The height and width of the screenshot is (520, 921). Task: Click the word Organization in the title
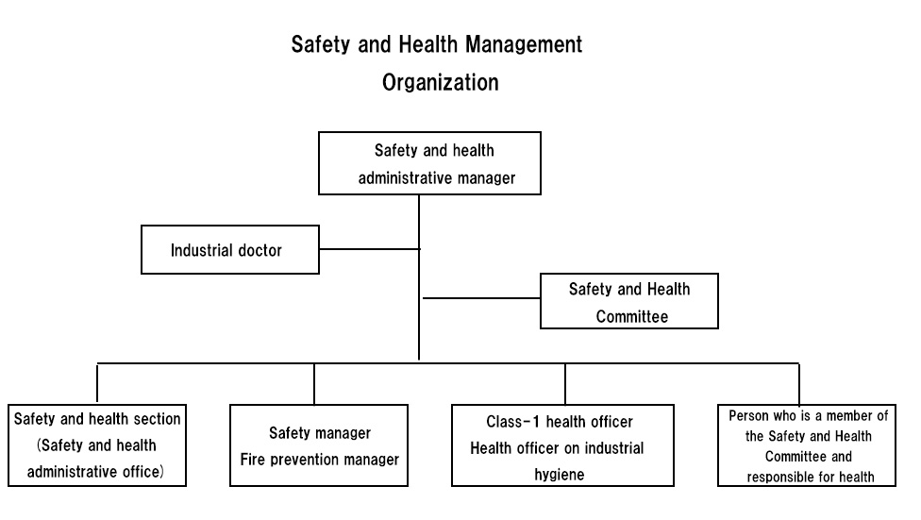coord(441,83)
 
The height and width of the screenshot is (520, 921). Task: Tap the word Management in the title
coord(524,44)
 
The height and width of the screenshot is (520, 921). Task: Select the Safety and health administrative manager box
coord(429,163)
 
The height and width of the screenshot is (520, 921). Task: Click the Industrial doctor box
coord(230,250)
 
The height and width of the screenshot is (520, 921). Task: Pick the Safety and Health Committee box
coord(629,301)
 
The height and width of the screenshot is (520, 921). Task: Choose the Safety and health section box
coord(97,445)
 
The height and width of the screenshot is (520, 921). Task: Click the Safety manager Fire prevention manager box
coord(319,445)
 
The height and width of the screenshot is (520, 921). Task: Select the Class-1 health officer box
coord(562,445)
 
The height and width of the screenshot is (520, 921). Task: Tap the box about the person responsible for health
coord(807,445)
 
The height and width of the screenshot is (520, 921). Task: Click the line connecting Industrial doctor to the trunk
coord(370,249)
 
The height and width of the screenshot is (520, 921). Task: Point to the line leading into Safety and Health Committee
coord(481,298)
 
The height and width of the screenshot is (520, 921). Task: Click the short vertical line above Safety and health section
coord(97,384)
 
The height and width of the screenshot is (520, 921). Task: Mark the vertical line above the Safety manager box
coord(314,384)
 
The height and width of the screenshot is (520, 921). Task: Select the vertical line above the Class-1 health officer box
coord(565,384)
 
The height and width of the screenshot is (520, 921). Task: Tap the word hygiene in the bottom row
coord(560,475)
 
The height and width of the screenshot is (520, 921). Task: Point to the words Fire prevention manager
coord(320,460)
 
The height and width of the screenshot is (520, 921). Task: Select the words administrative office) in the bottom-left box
coord(95,472)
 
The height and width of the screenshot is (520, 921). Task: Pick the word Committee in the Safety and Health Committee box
coord(632,317)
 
